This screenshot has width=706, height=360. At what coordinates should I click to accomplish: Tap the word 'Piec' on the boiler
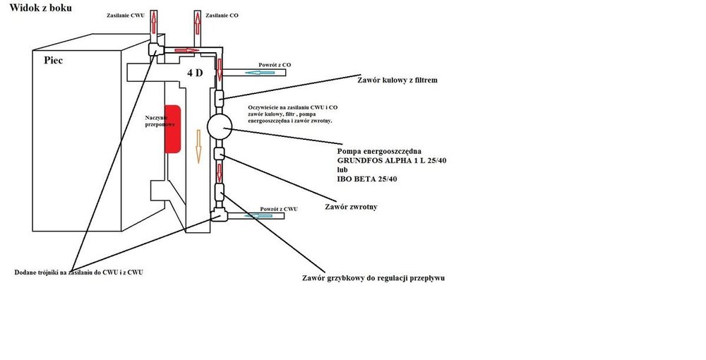click(x=53, y=60)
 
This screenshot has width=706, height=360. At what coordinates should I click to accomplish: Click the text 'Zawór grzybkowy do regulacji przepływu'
click(x=373, y=277)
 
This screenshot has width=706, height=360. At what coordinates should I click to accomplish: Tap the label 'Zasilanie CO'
click(x=222, y=14)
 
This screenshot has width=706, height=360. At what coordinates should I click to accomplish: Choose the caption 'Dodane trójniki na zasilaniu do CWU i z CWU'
click(x=79, y=272)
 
